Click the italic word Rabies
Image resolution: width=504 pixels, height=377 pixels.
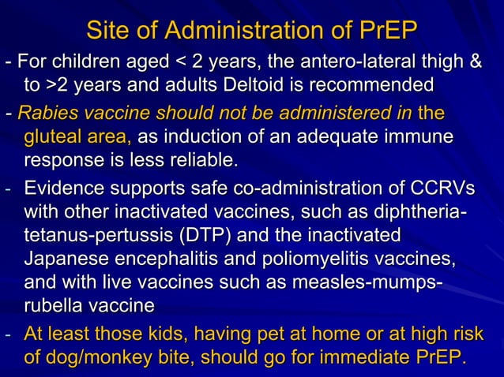(44, 113)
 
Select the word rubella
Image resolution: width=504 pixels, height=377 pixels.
(55, 304)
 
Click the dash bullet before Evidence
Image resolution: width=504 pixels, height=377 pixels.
(9, 191)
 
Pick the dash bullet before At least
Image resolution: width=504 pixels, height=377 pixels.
(9, 336)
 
